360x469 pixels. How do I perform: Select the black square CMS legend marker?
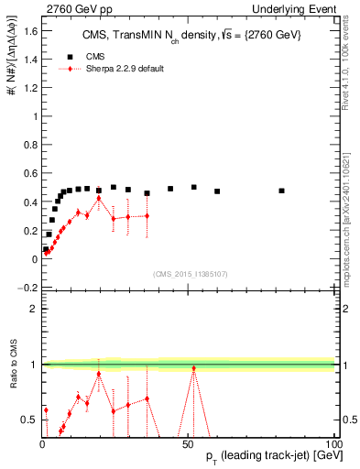tap(71, 56)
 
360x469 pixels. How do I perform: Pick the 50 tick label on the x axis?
tap(188, 443)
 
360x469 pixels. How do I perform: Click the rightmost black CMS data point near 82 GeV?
tap(281, 191)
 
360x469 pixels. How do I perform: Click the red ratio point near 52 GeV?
tap(193, 368)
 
